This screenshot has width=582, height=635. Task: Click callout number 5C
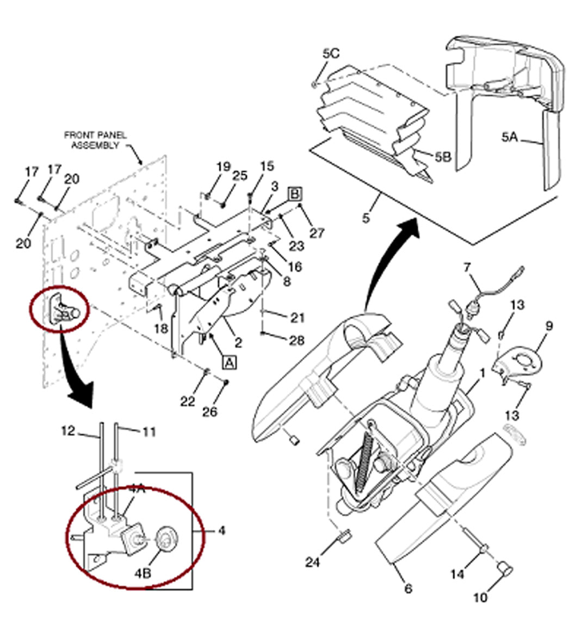coord(331,53)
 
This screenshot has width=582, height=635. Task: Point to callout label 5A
coord(510,137)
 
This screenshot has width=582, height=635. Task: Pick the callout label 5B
coord(443,157)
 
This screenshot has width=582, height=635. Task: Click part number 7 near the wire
coord(467,267)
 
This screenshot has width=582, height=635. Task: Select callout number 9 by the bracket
coord(549,326)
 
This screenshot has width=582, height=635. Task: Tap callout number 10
coord(480,597)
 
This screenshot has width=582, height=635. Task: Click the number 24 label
coord(312,562)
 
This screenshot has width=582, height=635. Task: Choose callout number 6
coord(408,588)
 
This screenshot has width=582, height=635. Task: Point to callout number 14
coord(457,574)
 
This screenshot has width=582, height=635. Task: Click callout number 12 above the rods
coord(68,431)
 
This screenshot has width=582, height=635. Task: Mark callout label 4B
coord(144,573)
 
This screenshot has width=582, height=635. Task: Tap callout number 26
coord(209,412)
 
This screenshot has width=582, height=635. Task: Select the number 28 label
coord(296,341)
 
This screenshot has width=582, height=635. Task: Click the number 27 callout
coord(317,233)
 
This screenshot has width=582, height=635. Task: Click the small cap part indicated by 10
coord(506,570)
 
